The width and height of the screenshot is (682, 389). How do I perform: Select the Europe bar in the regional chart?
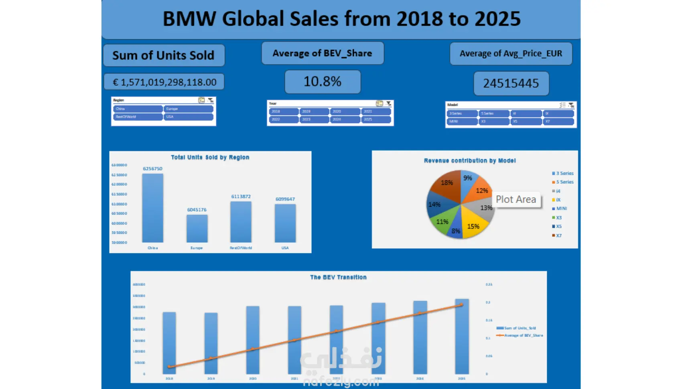point(197,228)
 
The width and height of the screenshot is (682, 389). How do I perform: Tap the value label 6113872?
point(241,197)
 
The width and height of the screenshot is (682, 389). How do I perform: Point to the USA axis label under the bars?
point(285,248)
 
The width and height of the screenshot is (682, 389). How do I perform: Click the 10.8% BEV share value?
point(323,81)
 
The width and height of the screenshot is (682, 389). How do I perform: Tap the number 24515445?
point(511,83)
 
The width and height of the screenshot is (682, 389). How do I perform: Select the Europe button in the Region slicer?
point(188,109)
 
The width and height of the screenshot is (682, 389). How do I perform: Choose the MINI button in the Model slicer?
point(462,121)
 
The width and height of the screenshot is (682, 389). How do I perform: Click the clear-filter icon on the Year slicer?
point(388,103)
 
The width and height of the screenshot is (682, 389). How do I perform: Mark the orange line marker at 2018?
point(169,367)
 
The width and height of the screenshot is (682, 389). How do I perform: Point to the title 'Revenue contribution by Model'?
point(470,160)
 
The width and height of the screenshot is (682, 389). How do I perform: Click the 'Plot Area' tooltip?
point(516,199)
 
